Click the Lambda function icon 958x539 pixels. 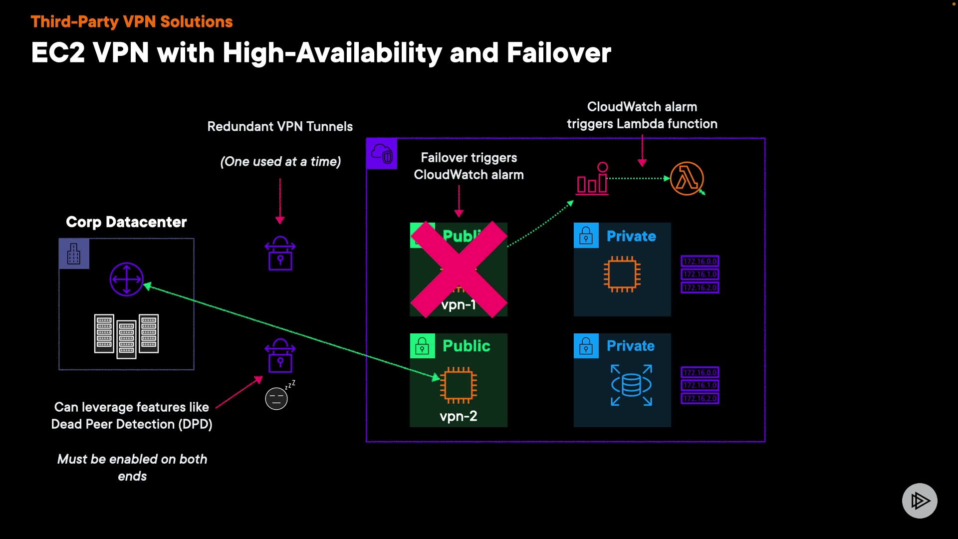click(687, 179)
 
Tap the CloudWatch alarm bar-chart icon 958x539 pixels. click(593, 179)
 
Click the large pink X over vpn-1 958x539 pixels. click(459, 269)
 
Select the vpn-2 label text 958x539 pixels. click(458, 416)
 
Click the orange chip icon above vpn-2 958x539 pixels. click(459, 385)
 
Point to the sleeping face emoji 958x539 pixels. click(276, 399)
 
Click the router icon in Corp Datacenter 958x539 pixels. click(126, 279)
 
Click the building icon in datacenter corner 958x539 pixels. click(74, 254)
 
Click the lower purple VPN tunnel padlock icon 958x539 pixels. click(280, 356)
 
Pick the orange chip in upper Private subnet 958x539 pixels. click(622, 274)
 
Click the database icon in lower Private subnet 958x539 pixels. click(631, 385)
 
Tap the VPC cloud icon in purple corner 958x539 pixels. click(382, 154)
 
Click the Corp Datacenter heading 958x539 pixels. click(126, 222)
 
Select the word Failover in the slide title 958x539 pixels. click(559, 53)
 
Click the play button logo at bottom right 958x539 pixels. click(920, 501)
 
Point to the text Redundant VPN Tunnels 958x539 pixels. click(280, 127)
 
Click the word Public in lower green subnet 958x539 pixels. click(466, 346)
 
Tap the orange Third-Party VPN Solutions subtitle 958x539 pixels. click(132, 22)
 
